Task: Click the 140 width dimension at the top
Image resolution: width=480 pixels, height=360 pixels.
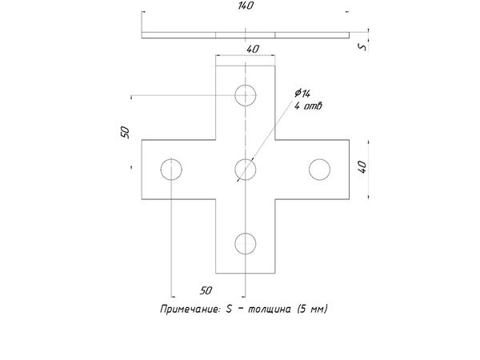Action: pos(246,6)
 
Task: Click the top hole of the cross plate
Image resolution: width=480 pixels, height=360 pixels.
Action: pos(245,95)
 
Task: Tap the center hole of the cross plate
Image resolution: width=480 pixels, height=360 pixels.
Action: pos(245,169)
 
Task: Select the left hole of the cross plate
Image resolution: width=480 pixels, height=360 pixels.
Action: pos(171,169)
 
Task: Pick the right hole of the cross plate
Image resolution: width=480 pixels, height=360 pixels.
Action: pos(319,169)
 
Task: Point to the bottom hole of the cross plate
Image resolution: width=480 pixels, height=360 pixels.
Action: pos(245,242)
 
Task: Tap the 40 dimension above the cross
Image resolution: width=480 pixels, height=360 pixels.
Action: pos(253,49)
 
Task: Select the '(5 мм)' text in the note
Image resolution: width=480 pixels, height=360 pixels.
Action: pos(312,309)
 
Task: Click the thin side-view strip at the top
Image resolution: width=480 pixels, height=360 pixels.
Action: pos(245,35)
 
